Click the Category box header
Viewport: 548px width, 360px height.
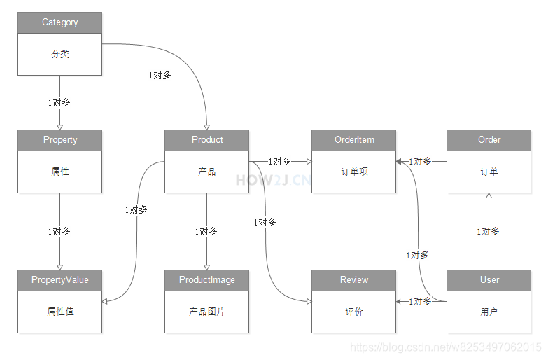click(59, 22)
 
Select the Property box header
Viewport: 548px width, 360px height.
click(59, 140)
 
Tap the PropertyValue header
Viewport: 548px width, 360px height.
click(59, 280)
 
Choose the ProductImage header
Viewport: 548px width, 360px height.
click(206, 280)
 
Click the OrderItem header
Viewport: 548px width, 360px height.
click(354, 140)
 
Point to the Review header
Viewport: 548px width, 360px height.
click(354, 280)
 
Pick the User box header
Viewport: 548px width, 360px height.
click(489, 280)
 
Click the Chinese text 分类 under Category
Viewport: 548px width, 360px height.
click(59, 54)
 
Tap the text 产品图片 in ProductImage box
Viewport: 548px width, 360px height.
click(206, 312)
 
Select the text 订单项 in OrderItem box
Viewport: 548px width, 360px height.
click(354, 172)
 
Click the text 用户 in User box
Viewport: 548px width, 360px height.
click(489, 312)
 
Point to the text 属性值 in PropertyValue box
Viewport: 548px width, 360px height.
click(59, 312)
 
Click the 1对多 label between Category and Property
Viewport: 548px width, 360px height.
click(59, 102)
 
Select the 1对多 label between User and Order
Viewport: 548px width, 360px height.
click(489, 231)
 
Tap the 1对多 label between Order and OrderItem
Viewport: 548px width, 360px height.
click(421, 161)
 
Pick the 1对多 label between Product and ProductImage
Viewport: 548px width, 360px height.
click(206, 231)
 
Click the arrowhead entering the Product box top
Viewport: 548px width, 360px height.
click(207, 126)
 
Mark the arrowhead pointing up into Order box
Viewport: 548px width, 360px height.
click(489, 197)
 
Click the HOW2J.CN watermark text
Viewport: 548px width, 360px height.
click(273, 180)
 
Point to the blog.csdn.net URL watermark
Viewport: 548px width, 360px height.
click(445, 347)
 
